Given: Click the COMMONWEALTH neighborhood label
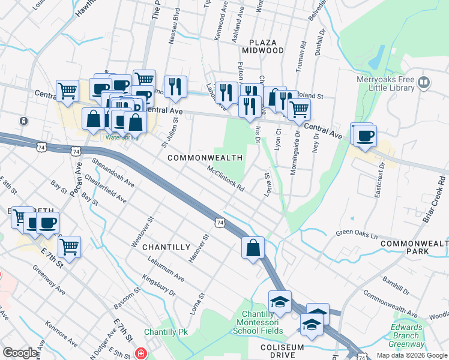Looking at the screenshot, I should [205, 158].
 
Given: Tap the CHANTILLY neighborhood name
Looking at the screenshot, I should [166, 247].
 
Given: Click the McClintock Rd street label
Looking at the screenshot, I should [225, 178].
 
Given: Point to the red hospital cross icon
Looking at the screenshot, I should [141, 353].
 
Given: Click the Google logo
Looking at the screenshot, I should [20, 353].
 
